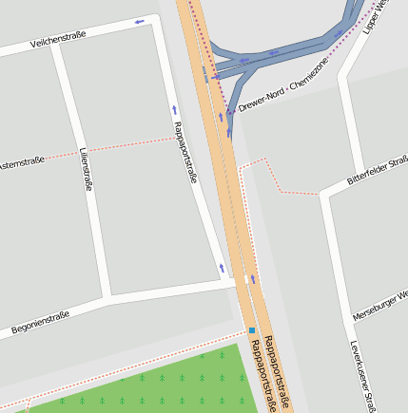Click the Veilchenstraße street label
pos(58,39)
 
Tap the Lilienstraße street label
pos(87,170)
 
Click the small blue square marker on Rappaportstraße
pos(252,330)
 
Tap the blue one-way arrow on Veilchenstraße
pos(140,22)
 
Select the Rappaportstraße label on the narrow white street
pos(185,152)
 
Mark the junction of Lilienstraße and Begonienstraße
pos(107,299)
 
